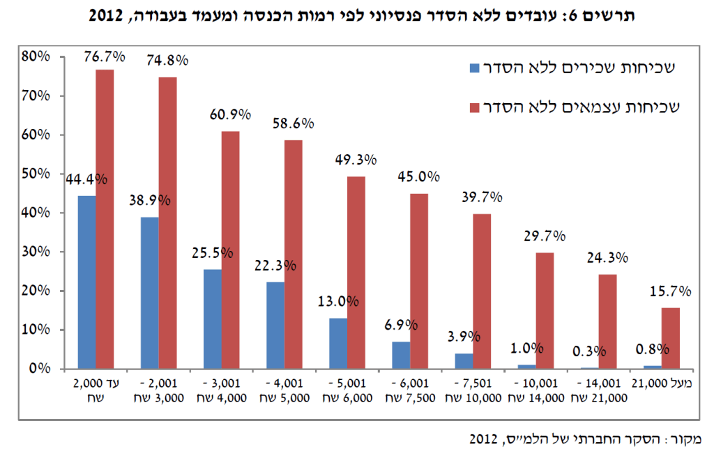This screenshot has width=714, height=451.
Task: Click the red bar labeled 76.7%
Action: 105,219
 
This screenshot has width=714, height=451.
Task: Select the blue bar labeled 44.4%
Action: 86,282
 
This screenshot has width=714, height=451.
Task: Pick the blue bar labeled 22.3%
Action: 275,325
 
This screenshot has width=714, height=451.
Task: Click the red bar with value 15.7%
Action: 670,338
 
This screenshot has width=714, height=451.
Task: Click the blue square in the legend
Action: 475,68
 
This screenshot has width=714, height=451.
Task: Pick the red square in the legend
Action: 475,107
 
